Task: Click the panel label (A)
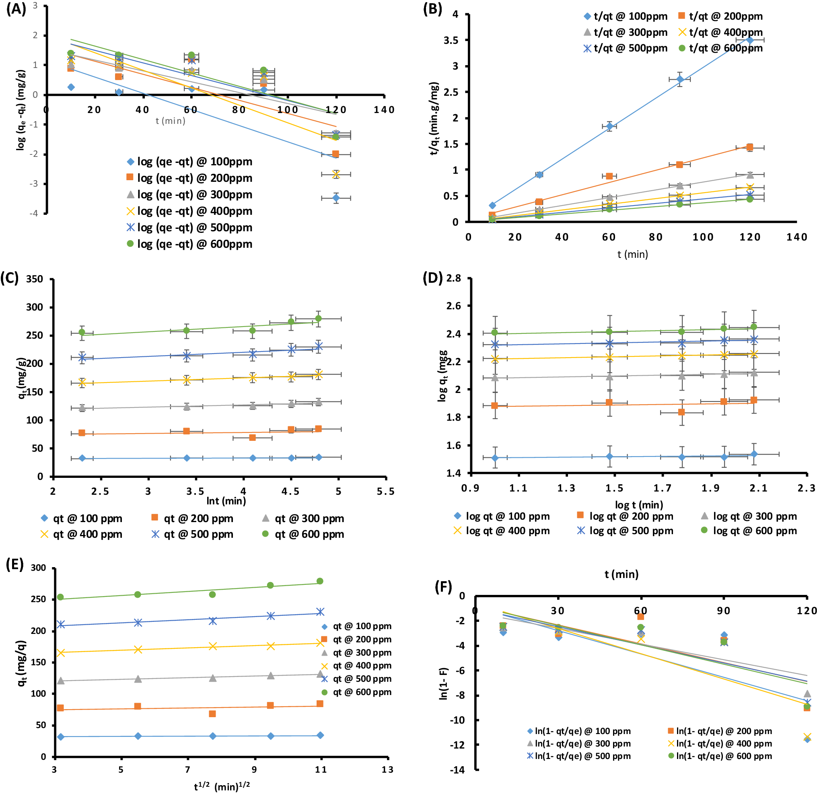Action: [x=16, y=9]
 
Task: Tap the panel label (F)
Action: [x=443, y=587]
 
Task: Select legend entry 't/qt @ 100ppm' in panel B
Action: [x=625, y=16]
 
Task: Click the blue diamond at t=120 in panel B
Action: [x=749, y=40]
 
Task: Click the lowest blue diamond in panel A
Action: [x=336, y=198]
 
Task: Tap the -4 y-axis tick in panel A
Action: [x=34, y=214]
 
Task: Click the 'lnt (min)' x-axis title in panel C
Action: [x=226, y=501]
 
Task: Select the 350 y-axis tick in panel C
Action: [x=34, y=279]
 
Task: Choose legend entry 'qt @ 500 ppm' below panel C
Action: [x=192, y=534]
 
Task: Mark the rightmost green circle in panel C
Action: [x=318, y=319]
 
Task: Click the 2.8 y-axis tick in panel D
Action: [x=454, y=278]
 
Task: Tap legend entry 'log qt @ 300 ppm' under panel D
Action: [x=749, y=516]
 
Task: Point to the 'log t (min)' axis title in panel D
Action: [x=639, y=505]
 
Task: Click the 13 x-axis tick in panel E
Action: [x=387, y=769]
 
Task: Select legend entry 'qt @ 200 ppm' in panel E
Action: [x=356, y=639]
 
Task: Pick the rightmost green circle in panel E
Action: [x=320, y=581]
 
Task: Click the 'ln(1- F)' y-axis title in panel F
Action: [x=444, y=683]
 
